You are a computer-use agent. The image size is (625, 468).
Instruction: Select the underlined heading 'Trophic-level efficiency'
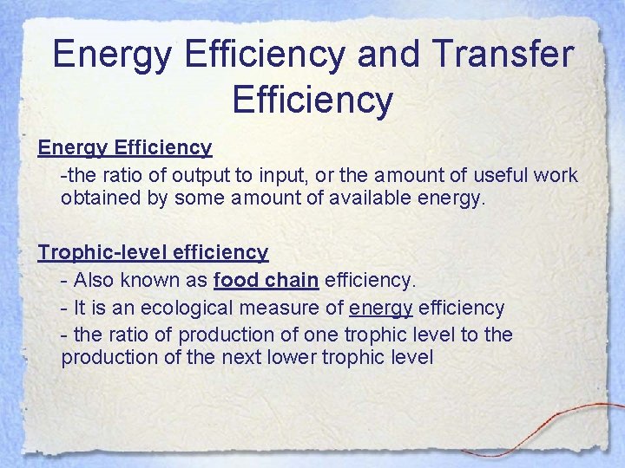[x=153, y=252]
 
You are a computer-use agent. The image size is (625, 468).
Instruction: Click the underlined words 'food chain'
[x=266, y=280]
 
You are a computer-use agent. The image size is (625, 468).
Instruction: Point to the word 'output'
[x=201, y=175]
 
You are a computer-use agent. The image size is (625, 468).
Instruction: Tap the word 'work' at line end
[x=556, y=175]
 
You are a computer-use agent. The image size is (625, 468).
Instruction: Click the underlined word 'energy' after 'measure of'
[x=380, y=309]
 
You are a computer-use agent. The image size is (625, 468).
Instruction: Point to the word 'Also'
[x=95, y=280]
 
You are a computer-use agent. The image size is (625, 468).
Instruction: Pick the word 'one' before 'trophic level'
[x=320, y=335]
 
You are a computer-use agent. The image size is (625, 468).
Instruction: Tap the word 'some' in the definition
[x=201, y=198]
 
